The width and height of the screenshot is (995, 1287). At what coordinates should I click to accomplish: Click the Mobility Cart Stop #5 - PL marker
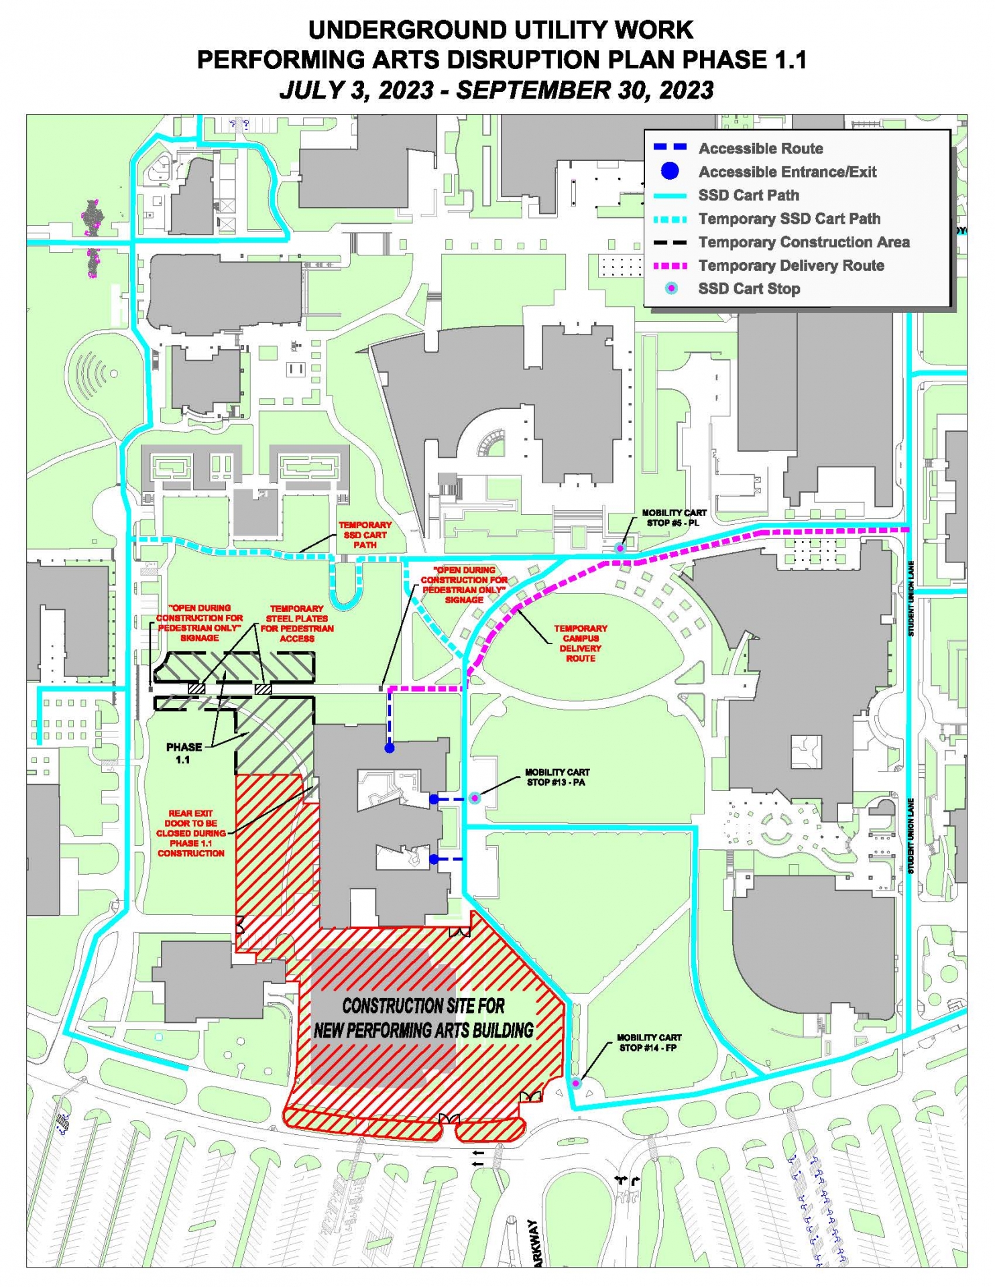click(x=620, y=548)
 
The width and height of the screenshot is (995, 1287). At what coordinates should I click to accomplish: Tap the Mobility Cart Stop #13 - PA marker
click(x=475, y=798)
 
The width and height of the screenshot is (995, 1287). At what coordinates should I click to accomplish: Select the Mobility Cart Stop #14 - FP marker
click(x=575, y=1083)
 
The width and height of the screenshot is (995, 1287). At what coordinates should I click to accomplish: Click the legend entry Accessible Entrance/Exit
click(x=787, y=172)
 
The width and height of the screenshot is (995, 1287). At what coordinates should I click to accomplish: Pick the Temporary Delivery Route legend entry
click(x=791, y=265)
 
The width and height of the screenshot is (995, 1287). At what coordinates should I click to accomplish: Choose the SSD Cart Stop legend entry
click(x=748, y=289)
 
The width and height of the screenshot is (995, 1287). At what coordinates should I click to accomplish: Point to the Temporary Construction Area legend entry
click(x=803, y=242)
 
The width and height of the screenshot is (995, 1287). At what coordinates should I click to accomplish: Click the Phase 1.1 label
click(x=184, y=753)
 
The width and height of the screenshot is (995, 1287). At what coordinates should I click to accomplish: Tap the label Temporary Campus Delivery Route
click(x=581, y=643)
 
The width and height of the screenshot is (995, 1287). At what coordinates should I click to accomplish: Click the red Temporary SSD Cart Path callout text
click(x=365, y=535)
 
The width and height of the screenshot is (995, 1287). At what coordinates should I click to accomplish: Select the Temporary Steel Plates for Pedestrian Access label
click(x=297, y=623)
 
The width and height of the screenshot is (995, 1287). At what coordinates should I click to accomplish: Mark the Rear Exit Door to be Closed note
click(x=191, y=833)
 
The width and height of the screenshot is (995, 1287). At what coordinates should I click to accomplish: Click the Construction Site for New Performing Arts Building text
click(x=424, y=1018)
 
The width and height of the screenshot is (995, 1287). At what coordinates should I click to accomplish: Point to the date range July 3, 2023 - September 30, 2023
click(x=497, y=90)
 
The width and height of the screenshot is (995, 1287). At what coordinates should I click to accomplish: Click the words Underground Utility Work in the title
click(x=500, y=30)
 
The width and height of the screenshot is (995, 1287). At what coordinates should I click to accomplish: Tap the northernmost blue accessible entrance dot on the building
click(x=389, y=747)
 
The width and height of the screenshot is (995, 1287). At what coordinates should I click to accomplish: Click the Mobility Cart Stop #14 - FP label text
click(x=648, y=1042)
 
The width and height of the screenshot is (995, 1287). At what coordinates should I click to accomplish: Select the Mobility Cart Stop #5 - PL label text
click(x=674, y=517)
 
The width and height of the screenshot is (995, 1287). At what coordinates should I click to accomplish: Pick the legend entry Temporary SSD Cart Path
click(x=788, y=219)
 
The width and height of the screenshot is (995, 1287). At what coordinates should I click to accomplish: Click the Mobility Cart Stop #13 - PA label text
click(x=557, y=777)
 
